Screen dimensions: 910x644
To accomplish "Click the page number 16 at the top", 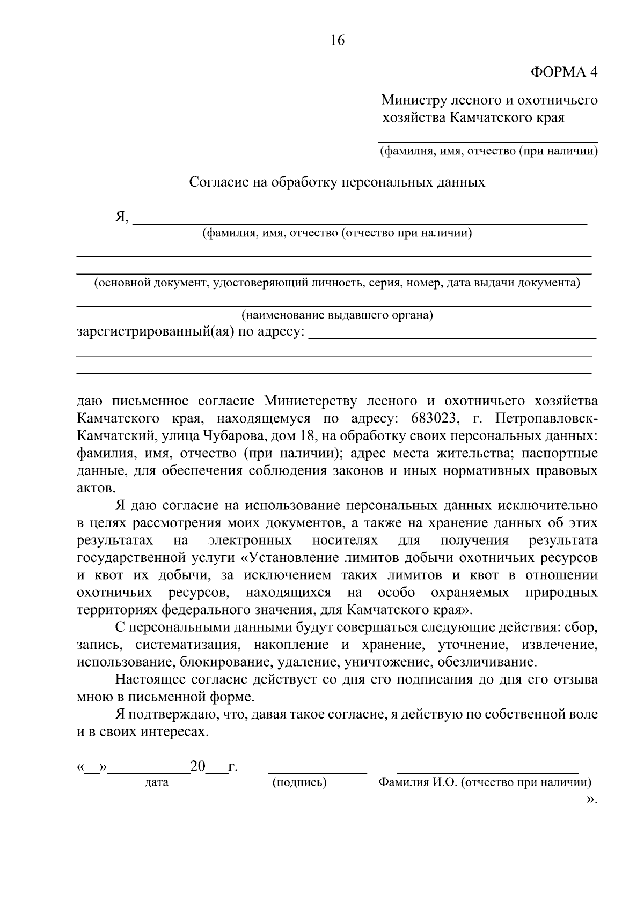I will click(x=338, y=40).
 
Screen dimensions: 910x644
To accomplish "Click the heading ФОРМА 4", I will click(x=563, y=72).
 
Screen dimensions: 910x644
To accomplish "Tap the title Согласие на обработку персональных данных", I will click(x=337, y=182).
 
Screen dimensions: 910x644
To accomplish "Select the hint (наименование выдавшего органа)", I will click(x=337, y=315).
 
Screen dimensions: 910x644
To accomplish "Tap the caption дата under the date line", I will click(x=157, y=782).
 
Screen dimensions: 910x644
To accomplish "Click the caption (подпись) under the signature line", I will click(x=300, y=782).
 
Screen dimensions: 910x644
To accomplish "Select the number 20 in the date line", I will click(x=198, y=767).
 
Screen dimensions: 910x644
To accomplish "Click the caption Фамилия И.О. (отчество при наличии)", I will click(x=485, y=782).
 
